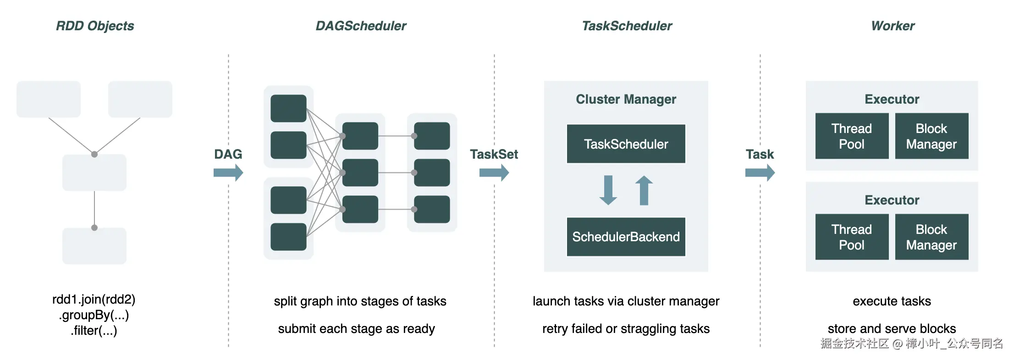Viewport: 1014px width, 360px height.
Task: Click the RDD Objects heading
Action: click(x=95, y=26)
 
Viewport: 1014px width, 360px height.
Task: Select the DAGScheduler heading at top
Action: click(x=361, y=26)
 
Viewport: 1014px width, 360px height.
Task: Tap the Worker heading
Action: click(x=893, y=26)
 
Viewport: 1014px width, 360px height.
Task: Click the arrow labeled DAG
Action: click(x=228, y=173)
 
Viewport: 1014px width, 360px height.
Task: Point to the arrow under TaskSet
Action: click(x=494, y=173)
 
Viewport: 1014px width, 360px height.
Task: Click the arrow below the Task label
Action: click(x=760, y=173)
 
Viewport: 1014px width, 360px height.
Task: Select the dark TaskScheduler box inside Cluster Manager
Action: click(x=626, y=144)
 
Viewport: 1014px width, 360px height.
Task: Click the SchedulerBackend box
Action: click(x=626, y=237)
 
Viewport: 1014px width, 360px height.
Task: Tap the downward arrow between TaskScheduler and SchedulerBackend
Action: click(x=608, y=190)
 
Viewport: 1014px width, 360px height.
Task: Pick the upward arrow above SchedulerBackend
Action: click(x=644, y=190)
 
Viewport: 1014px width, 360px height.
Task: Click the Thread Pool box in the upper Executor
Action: click(x=852, y=136)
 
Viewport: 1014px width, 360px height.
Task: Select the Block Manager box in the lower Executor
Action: click(x=932, y=237)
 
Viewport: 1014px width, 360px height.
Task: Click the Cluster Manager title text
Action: click(x=626, y=99)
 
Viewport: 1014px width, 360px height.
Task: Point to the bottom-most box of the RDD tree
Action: click(x=94, y=246)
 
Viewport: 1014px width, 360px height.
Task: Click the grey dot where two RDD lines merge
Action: click(x=94, y=155)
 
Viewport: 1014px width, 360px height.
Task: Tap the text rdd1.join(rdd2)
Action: click(x=94, y=299)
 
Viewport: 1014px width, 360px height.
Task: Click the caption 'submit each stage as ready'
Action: click(x=357, y=329)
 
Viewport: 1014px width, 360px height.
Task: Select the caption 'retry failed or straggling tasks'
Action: click(x=626, y=329)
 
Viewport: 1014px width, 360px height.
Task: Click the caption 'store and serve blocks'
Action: click(x=892, y=329)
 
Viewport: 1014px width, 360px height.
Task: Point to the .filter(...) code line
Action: click(x=94, y=331)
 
